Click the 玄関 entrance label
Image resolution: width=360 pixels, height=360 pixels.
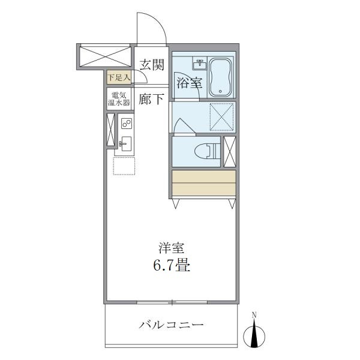click(151, 64)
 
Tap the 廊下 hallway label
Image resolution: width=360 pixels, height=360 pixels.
click(151, 99)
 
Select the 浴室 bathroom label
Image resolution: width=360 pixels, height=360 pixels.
click(189, 83)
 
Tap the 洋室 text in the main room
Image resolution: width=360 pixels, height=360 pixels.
click(170, 247)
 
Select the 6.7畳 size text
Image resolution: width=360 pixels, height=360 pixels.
click(170, 265)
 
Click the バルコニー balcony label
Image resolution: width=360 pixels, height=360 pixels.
click(172, 326)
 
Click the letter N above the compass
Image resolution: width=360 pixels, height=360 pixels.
click(254, 315)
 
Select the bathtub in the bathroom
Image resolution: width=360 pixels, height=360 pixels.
click(220, 76)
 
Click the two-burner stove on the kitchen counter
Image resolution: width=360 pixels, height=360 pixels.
click(127, 124)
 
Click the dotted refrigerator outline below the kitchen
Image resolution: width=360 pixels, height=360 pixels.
click(125, 166)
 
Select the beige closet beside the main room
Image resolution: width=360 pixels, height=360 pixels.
click(202, 184)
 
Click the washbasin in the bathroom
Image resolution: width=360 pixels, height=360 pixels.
click(200, 63)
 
